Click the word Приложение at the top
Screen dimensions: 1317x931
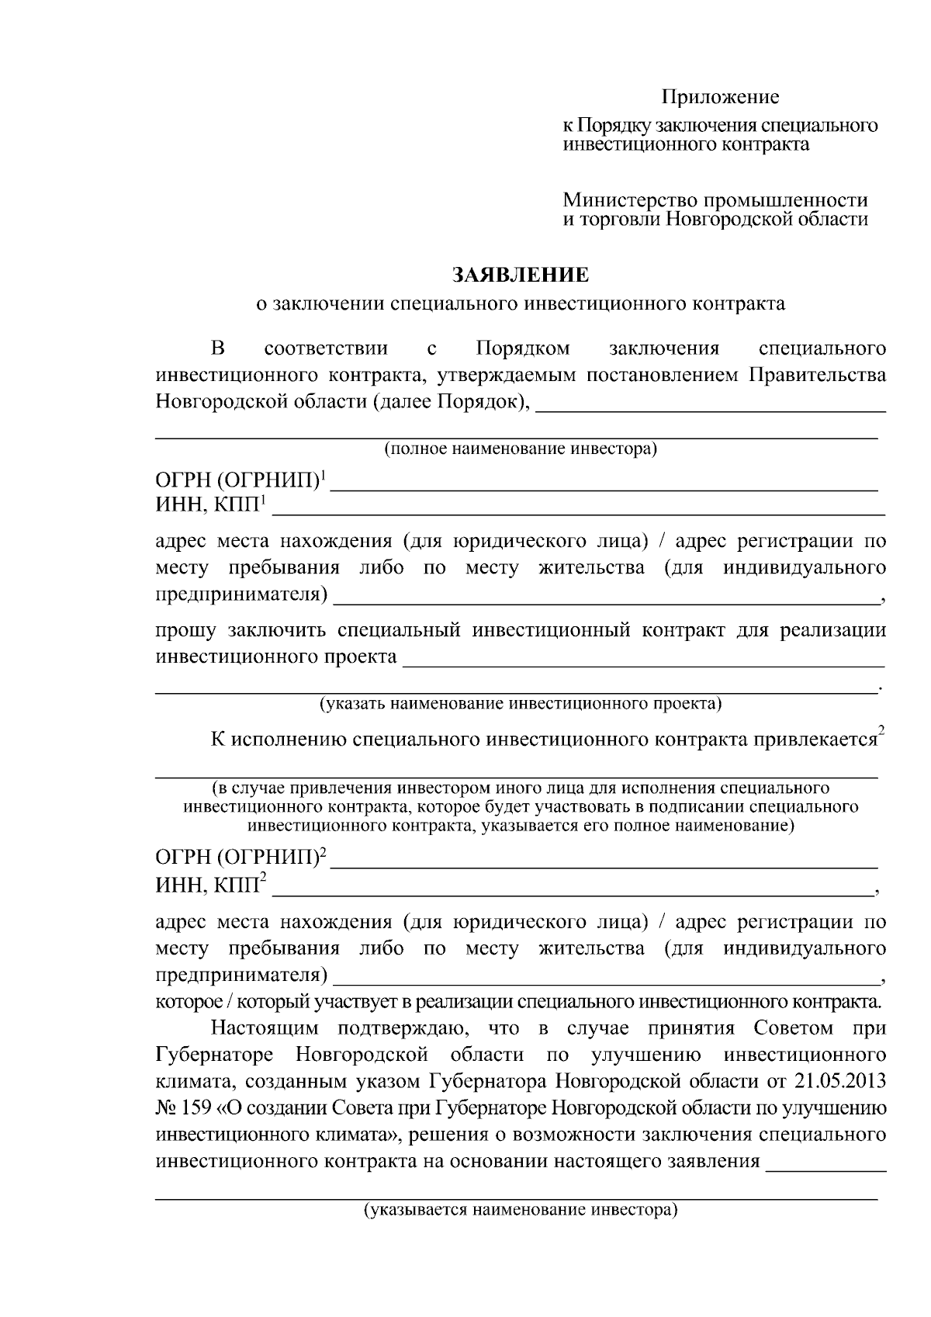click(720, 97)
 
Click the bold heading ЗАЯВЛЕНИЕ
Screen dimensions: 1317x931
click(521, 275)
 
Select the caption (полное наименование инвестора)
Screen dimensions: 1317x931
click(521, 449)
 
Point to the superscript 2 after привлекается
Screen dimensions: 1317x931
click(881, 730)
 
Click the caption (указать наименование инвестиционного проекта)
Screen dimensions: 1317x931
click(521, 703)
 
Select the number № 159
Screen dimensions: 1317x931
click(183, 1107)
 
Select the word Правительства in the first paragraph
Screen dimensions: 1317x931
click(817, 376)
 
